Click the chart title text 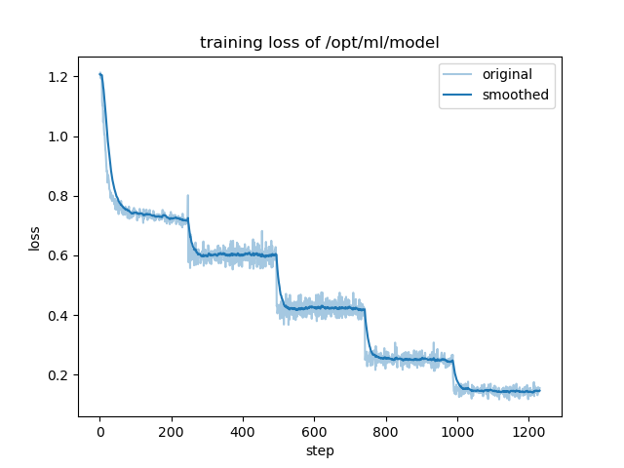[x=320, y=43]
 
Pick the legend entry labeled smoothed [x=515, y=96]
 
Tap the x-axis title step [x=320, y=451]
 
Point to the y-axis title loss [x=34, y=237]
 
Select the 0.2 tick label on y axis [x=59, y=375]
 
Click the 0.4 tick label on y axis [x=59, y=316]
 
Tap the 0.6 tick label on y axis [x=59, y=256]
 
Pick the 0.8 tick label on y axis [x=59, y=196]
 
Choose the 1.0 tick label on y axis [x=59, y=136]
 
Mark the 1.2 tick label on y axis [x=59, y=77]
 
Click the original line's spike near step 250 [x=187, y=196]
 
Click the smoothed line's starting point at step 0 [x=99, y=74]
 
